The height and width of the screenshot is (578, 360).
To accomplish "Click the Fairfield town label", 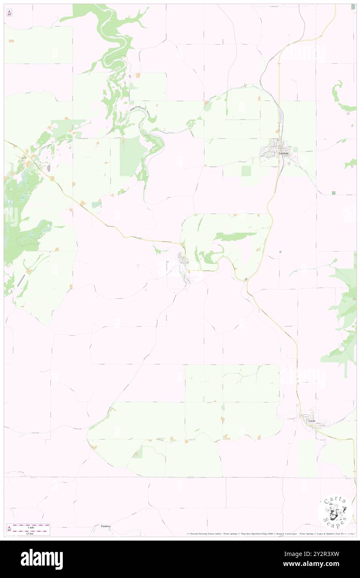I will [x=284, y=153].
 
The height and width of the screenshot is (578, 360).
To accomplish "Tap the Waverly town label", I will [x=184, y=263].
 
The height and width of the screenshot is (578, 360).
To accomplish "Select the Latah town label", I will [x=311, y=421].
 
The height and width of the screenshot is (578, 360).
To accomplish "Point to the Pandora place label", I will [x=106, y=526].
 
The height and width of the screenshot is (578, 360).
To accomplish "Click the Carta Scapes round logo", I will [x=335, y=512].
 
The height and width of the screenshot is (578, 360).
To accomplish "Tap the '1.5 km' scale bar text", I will [x=29, y=533].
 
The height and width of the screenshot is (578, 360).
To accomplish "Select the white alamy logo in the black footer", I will [x=42, y=559].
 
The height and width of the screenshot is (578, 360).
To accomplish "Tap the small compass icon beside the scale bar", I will [x=9, y=529].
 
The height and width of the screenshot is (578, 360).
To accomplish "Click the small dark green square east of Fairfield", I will [x=334, y=193].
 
